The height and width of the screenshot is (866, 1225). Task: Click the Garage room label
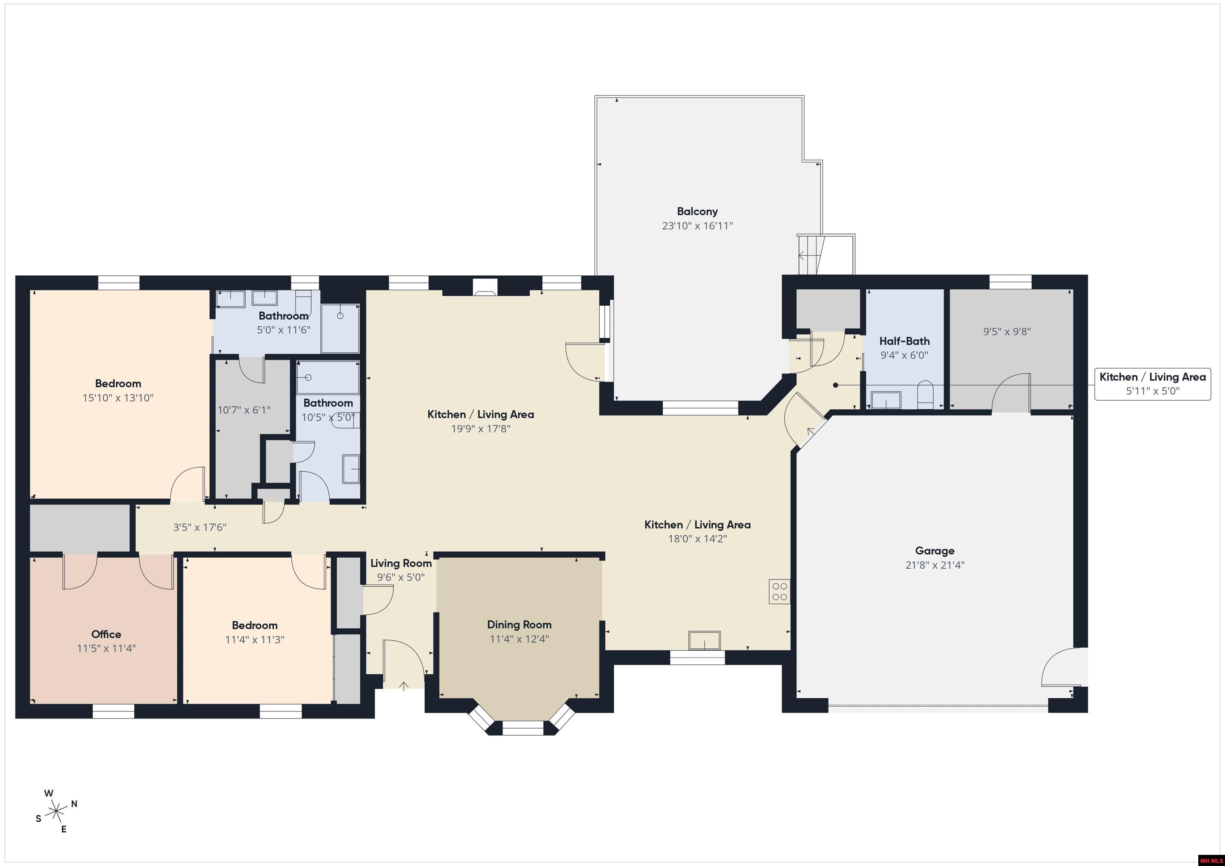click(935, 551)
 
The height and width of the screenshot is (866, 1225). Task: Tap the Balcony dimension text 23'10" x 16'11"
click(697, 226)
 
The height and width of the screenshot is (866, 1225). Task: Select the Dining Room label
click(519, 624)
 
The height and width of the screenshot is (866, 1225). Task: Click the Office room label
click(106, 634)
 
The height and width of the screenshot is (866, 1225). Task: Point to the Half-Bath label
click(904, 341)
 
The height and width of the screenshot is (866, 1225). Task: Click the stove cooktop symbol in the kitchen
click(780, 591)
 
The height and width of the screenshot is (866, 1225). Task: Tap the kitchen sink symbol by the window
click(704, 640)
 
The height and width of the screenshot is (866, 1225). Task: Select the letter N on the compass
click(74, 803)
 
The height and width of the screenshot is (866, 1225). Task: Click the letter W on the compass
click(49, 793)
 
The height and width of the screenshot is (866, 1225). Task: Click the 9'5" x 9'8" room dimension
click(1007, 332)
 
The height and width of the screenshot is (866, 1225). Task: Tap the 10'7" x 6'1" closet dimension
click(244, 410)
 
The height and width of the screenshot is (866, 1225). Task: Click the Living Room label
click(401, 563)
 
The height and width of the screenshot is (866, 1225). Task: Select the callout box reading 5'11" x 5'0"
click(1152, 384)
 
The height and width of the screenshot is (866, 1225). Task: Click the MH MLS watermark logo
click(1211, 860)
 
